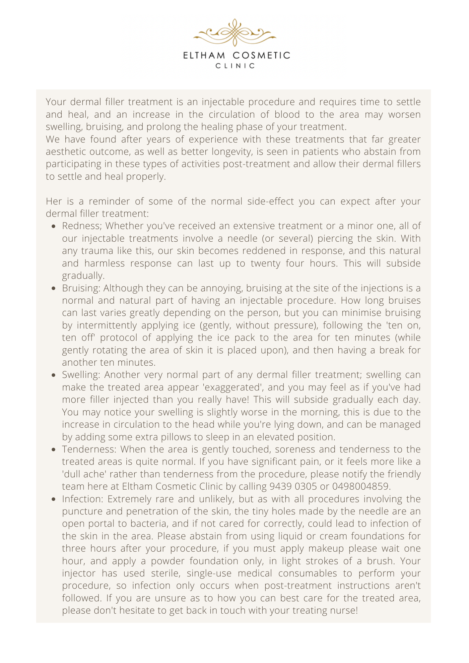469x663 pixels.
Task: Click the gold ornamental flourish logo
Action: [234, 32]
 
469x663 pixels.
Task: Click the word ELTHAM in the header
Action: [204, 55]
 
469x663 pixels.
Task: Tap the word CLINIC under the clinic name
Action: [235, 66]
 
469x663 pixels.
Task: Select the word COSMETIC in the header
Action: [261, 55]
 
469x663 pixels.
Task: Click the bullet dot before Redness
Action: [54, 226]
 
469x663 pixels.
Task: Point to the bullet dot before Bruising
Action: [54, 288]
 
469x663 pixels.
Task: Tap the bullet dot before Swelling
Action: [54, 375]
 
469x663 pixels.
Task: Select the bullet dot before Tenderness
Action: [54, 450]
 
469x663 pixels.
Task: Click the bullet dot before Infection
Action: [54, 500]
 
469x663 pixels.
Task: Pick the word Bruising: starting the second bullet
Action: [81, 288]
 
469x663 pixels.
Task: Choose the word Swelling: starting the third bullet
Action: [81, 375]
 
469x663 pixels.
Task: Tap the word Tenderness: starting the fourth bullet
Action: [89, 450]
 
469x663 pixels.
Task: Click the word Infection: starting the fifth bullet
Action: [83, 499]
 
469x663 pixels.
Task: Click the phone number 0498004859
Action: [361, 487]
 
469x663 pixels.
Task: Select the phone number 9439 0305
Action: [293, 487]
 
